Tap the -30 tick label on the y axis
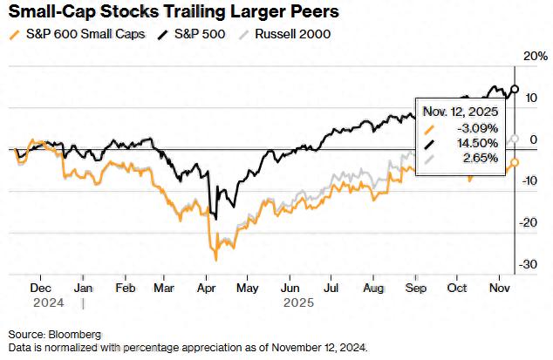tap(529, 264)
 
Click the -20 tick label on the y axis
tap(529, 222)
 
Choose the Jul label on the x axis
tap(332, 287)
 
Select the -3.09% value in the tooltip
tap(479, 127)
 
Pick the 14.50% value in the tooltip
tap(479, 143)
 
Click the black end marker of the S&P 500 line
tap(515, 89)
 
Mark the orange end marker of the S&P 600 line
tap(515, 162)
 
